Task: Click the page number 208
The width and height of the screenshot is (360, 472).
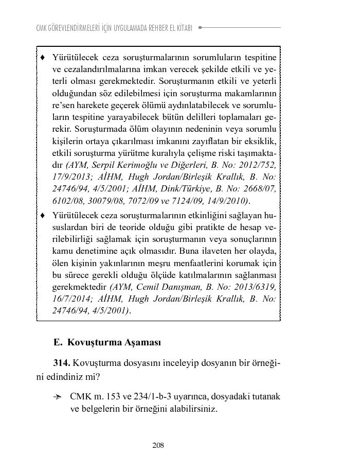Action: [158, 445]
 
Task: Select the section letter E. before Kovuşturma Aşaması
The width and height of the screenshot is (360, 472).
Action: [57, 342]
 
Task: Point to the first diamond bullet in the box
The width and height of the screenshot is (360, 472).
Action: [43, 56]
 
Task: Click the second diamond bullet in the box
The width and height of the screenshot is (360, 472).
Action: [43, 214]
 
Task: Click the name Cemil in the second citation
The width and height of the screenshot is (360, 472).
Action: [150, 286]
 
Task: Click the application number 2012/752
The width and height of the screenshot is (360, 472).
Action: [258, 165]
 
